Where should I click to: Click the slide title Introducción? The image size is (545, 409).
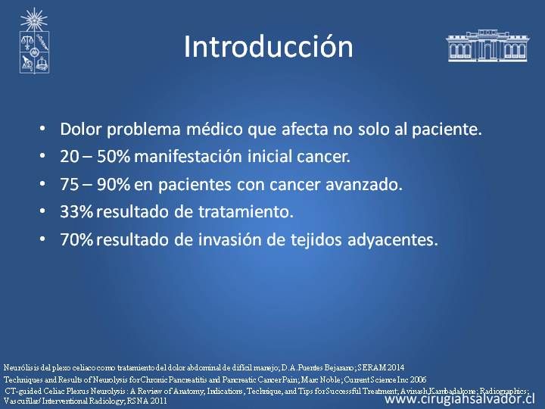pyautogui.click(x=268, y=46)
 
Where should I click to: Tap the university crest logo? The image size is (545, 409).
pyautogui.click(x=34, y=41)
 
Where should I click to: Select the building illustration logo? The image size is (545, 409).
pyautogui.click(x=487, y=45)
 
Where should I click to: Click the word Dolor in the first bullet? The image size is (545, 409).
pyautogui.click(x=81, y=129)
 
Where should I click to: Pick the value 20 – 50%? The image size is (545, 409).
pyautogui.click(x=95, y=157)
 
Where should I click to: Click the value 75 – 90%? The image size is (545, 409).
pyautogui.click(x=95, y=184)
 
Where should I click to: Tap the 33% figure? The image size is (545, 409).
pyautogui.click(x=76, y=212)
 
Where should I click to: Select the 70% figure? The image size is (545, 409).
pyautogui.click(x=76, y=239)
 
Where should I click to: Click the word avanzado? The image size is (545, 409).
pyautogui.click(x=364, y=184)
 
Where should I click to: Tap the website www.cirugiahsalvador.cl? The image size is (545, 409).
pyautogui.click(x=460, y=399)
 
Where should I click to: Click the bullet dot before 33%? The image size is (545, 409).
pyautogui.click(x=42, y=211)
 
